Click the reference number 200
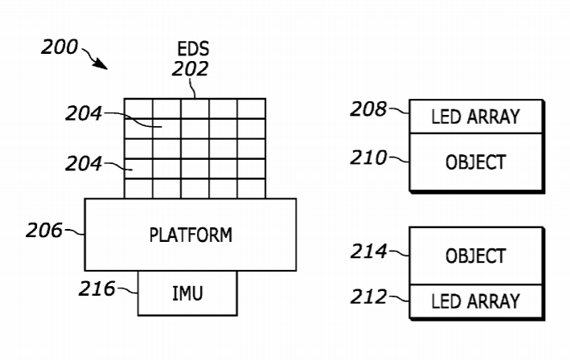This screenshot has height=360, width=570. tap(59, 47)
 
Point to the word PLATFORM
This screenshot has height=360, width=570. tap(191, 235)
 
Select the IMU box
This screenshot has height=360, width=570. tap(187, 292)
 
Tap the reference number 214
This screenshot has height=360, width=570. tap(367, 252)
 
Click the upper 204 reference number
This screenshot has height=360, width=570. tap(84, 115)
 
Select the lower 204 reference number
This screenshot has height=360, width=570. tap(84, 165)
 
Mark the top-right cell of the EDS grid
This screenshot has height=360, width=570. tap(251, 108)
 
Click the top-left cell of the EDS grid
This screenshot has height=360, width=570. tap(138, 108)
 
